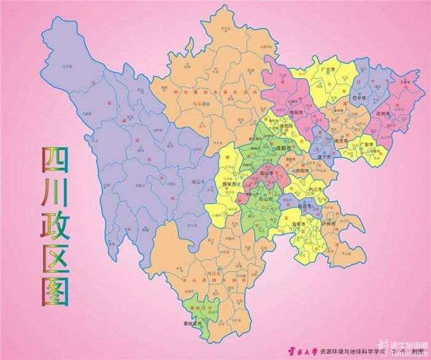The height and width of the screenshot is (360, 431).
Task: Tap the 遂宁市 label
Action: (x=321, y=157)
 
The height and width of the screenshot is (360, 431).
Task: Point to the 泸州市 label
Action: (x=329, y=224)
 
